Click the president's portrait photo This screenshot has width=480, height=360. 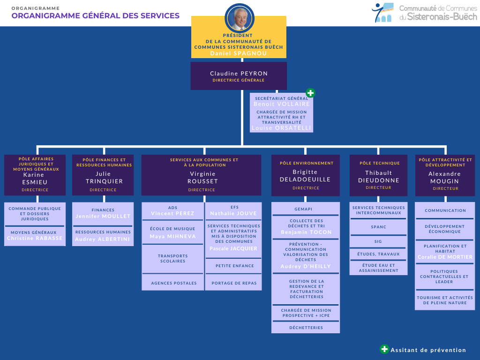click(x=240, y=18)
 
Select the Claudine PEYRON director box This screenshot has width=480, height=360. click(x=239, y=76)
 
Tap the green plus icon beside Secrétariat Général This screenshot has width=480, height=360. click(x=310, y=93)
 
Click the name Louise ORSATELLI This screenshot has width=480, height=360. click(x=281, y=127)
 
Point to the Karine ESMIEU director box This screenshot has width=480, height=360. click(x=36, y=175)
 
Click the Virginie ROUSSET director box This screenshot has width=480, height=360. click(x=202, y=175)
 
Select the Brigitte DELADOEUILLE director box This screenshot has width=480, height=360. click(x=305, y=175)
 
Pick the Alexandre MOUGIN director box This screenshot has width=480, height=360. click(x=445, y=175)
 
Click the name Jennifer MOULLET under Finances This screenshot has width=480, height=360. click(x=103, y=216)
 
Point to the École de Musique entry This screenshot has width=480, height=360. click(x=173, y=232)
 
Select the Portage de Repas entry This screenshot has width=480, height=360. click(x=233, y=283)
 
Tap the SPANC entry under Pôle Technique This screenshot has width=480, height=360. click(x=378, y=227)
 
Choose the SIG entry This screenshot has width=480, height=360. click(x=378, y=241)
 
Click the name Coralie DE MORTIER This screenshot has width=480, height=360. click(x=445, y=257)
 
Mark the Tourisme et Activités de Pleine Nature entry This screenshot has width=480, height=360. click(x=445, y=300)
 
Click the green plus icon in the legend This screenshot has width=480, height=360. click(x=384, y=349)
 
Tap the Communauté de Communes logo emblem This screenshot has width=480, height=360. click(x=382, y=13)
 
